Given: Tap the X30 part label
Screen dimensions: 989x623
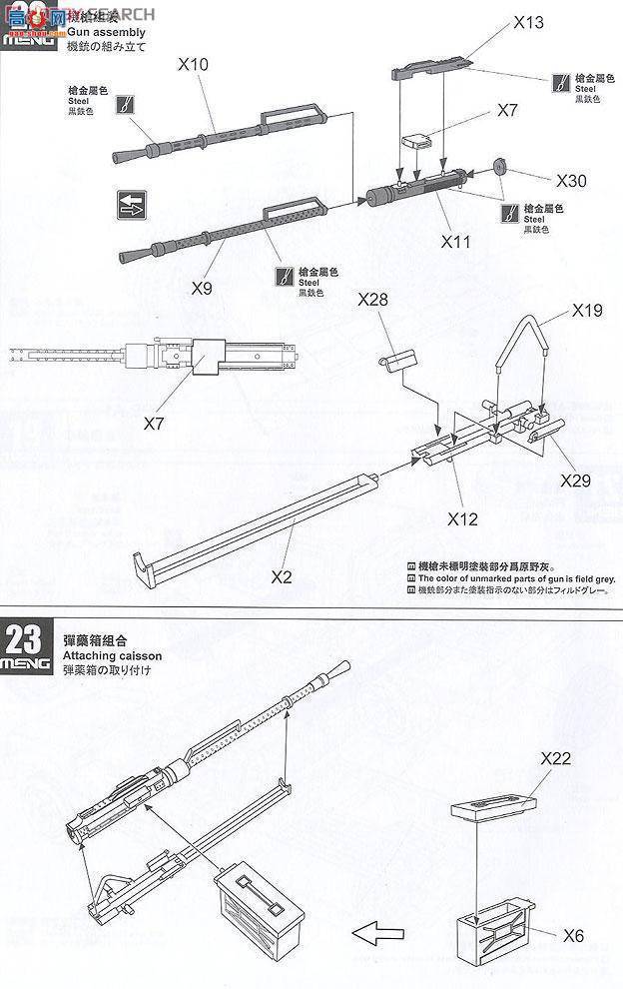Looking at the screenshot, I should coord(572,181).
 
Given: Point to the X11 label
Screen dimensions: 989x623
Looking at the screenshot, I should coord(455,242).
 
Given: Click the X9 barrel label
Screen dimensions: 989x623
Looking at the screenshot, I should coord(202,288).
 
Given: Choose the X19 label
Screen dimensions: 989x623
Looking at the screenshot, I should coord(588,312).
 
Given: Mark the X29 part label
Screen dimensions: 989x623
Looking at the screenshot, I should coord(576,481).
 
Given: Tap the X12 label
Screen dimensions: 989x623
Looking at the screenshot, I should coord(464,518).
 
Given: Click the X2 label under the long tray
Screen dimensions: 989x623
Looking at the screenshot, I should coord(283,576).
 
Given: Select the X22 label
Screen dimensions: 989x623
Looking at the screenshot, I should coord(555,758).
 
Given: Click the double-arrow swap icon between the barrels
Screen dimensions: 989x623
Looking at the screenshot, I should coord(131,205).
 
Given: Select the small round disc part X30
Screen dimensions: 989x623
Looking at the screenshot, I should coord(501,166).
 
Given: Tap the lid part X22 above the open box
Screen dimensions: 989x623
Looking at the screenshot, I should coord(492,802).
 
